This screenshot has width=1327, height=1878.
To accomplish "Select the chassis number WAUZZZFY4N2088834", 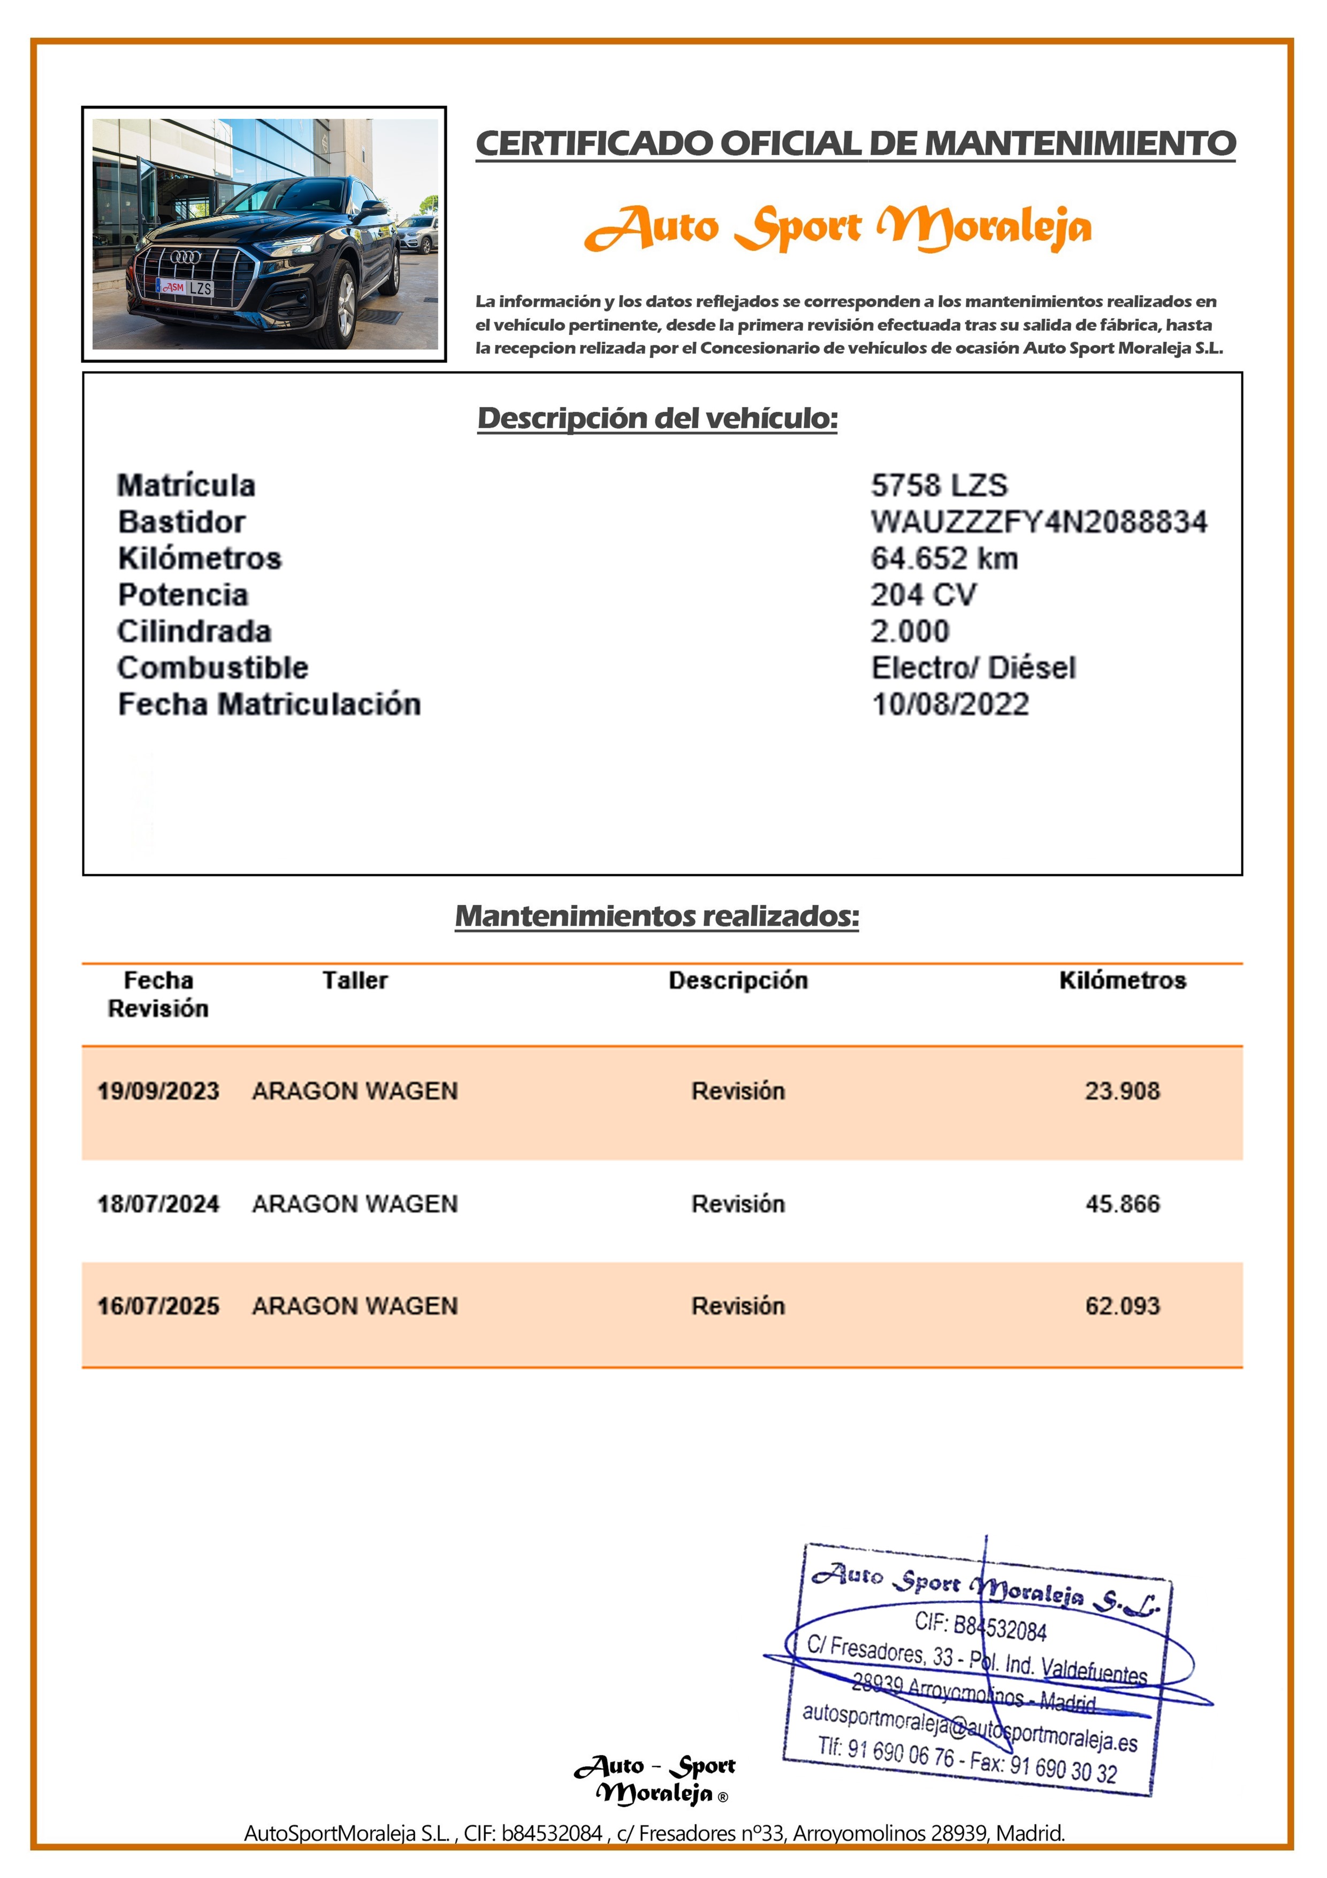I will coord(1039,522).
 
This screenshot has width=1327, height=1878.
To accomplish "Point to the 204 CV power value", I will coord(923,595).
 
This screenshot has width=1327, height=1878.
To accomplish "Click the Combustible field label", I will coord(212,668).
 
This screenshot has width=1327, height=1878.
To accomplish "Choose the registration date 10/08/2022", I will coord(950,705).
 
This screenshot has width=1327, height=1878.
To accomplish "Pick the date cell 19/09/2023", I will coord(158,1091).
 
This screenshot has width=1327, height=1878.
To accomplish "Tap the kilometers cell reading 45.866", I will coord(1122,1204).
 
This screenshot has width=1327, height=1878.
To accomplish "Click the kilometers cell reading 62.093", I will coord(1122,1306).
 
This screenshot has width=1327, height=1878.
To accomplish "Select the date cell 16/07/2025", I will coord(158,1306).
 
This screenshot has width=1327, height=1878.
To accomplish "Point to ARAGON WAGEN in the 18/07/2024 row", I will coord(355,1204).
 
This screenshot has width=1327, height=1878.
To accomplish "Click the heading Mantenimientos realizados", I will coord(657,916).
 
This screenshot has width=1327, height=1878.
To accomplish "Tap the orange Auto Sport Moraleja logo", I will coord(838,228).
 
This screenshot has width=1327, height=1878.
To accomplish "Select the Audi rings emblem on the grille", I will coord(185,257).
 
